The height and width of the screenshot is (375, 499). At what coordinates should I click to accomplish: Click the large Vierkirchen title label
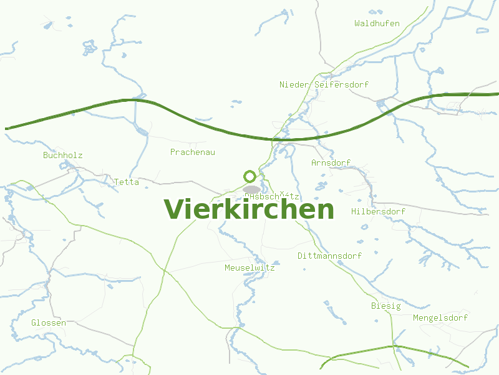coord(249,209)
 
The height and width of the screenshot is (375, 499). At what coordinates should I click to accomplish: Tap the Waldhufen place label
coord(377,23)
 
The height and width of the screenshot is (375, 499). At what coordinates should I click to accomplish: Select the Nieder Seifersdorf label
coord(324,84)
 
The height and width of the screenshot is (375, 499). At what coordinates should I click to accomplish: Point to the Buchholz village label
coord(62,155)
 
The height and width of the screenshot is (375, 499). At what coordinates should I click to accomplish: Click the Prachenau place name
coord(192,152)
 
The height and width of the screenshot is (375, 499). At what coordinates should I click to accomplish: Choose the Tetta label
coord(126,182)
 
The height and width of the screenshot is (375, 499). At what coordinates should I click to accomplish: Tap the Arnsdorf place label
coord(331,162)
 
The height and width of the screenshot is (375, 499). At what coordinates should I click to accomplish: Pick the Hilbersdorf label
coord(378,211)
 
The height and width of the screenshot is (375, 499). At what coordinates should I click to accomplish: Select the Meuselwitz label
coord(249,267)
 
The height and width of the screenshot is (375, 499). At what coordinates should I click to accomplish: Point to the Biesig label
coord(385,306)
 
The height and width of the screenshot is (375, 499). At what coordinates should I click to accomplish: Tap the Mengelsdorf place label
coord(440,317)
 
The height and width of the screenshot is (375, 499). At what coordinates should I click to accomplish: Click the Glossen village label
coord(49,322)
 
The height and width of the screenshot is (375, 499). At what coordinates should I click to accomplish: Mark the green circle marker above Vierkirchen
coord(249,176)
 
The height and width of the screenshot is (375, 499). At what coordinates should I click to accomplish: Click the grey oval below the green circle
coord(251,189)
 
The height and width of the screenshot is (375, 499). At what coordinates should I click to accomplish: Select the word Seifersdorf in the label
coord(342,84)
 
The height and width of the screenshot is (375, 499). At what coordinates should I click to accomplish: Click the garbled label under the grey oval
coord(273,196)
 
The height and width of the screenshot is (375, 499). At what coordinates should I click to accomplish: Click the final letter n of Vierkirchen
coord(326,211)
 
